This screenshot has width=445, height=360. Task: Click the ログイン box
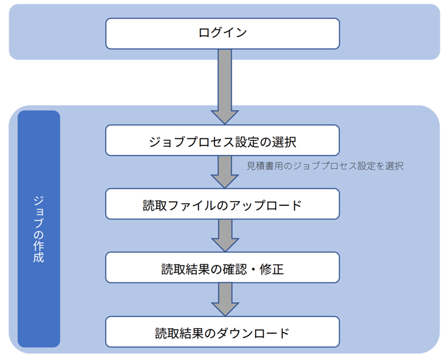tap(222, 33)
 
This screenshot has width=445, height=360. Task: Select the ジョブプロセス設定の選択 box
tap(222, 141)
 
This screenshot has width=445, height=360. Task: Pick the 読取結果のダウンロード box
tap(222, 332)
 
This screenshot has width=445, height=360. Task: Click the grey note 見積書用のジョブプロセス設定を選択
tap(325, 166)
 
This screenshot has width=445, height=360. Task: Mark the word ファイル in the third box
tap(193, 205)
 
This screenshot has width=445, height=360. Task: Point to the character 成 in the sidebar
tap(39, 258)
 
